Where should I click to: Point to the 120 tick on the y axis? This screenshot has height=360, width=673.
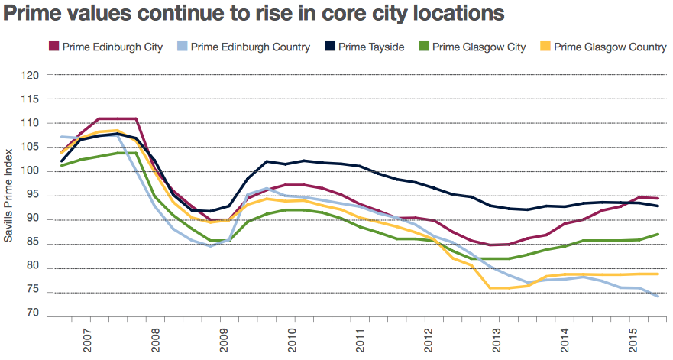click(30, 75)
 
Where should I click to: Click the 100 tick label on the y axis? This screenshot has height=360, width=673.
click(30, 172)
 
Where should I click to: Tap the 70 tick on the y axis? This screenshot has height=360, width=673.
click(32, 316)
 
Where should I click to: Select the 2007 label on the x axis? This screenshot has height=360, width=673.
click(88, 340)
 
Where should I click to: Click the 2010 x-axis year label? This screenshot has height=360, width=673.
click(292, 340)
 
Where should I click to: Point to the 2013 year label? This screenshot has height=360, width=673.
click(497, 340)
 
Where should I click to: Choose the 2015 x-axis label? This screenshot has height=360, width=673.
click(633, 340)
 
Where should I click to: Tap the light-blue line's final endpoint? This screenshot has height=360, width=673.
click(658, 297)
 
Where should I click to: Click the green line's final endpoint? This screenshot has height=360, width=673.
click(658, 234)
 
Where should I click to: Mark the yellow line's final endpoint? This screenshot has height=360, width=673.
click(658, 274)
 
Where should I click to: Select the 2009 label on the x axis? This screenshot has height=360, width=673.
click(224, 340)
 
